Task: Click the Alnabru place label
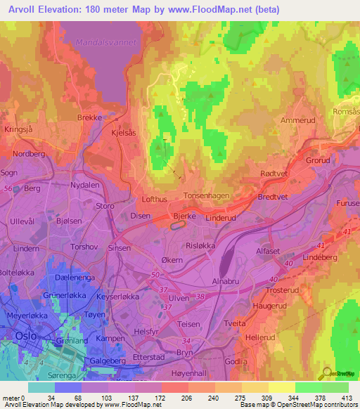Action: click(x=226, y=282)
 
